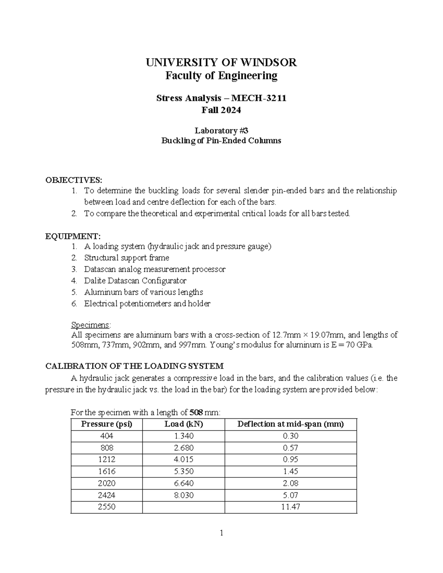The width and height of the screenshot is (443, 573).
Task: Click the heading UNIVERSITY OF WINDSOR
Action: coord(221,62)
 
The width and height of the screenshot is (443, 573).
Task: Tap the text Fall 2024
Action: coord(221,110)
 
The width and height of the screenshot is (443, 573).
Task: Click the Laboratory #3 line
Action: coord(221,131)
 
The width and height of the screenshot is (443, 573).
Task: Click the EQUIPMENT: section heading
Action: coord(72,236)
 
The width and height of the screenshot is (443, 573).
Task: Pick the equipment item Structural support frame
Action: coord(127,258)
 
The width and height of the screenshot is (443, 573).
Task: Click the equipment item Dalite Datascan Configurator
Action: coord(135,281)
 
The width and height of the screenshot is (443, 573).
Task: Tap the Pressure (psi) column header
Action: coord(106,424)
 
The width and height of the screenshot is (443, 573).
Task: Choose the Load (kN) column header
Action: coord(183,424)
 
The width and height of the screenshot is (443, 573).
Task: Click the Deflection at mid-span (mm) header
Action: coord(291,424)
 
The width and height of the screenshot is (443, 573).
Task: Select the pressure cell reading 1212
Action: coord(106,459)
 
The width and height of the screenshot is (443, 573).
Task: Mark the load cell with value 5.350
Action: coord(183,471)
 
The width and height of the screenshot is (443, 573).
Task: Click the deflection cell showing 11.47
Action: coord(291,507)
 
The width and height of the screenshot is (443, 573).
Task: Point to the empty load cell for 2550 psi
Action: coord(183,507)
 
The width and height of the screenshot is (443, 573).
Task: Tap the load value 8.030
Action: coord(183,495)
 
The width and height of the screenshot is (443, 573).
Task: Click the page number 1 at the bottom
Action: coord(221,533)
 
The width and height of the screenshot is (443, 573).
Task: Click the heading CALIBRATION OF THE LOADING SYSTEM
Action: coord(134,366)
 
